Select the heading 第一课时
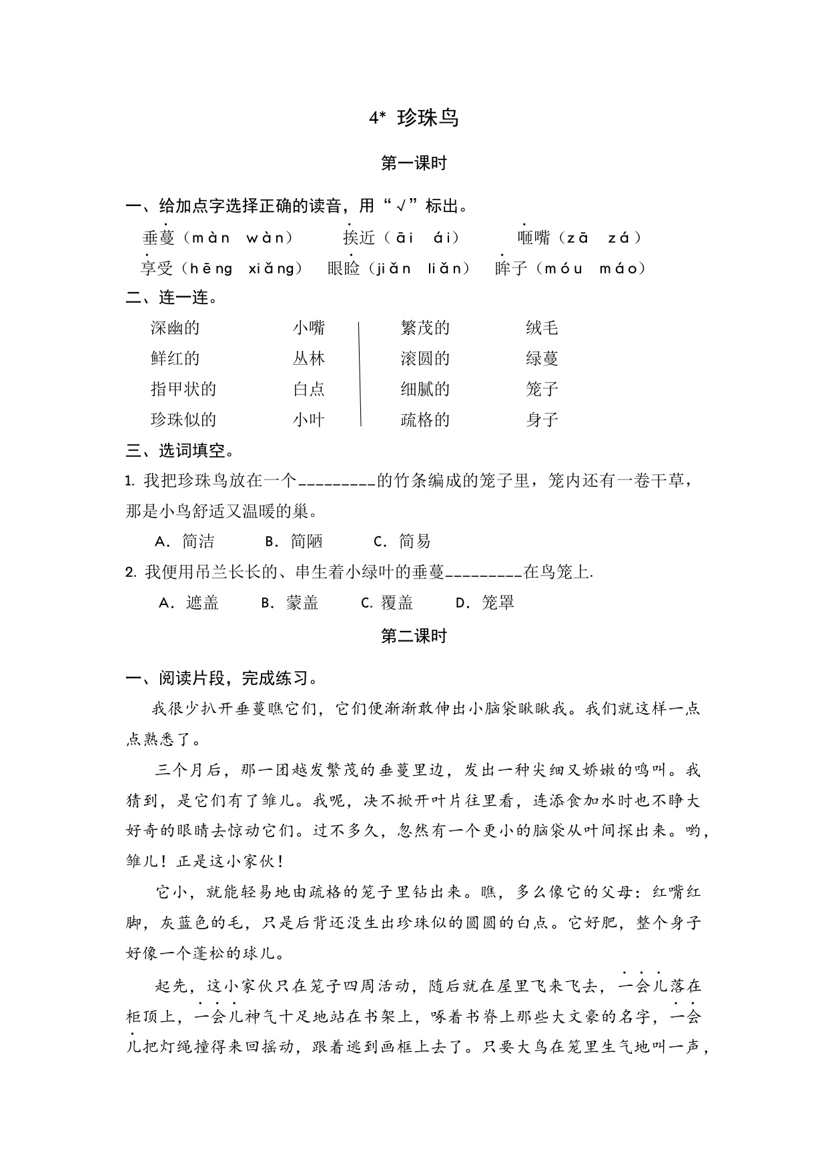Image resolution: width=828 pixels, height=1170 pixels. [x=414, y=163]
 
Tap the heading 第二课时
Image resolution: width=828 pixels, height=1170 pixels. [x=414, y=636]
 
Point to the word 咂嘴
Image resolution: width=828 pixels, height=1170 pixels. [x=534, y=238]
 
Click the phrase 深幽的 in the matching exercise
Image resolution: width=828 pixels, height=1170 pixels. [x=175, y=328]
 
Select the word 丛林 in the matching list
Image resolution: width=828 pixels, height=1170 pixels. [x=308, y=359]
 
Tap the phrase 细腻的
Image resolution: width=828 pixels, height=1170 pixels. [x=425, y=390]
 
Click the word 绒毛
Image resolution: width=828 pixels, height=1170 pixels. [x=541, y=328]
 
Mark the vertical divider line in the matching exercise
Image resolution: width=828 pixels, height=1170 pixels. [x=360, y=374]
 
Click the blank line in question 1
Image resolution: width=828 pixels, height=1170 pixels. [x=336, y=483]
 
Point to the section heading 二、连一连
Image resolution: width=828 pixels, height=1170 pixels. [x=171, y=298]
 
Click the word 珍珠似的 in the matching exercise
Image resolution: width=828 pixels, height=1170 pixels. [x=183, y=420]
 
